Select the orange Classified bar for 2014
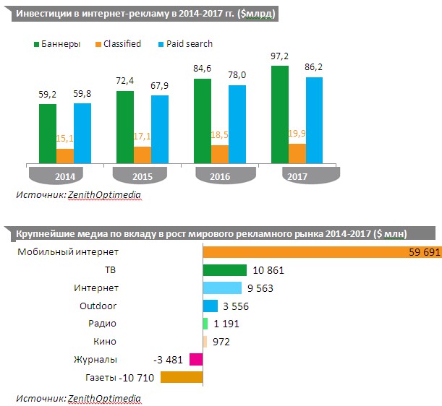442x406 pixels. pos(65,156)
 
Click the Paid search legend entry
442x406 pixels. pos(187,44)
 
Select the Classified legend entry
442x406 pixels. pos(116,44)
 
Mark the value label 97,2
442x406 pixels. pos(280,56)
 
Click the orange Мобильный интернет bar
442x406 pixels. pos(321,251)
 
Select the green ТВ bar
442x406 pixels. pos(225,270)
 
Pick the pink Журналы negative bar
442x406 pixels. pos(195,359)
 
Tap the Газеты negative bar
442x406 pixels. pos(181,377)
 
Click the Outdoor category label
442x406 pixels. pos(98,306)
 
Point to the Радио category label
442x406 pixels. pos(101,324)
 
